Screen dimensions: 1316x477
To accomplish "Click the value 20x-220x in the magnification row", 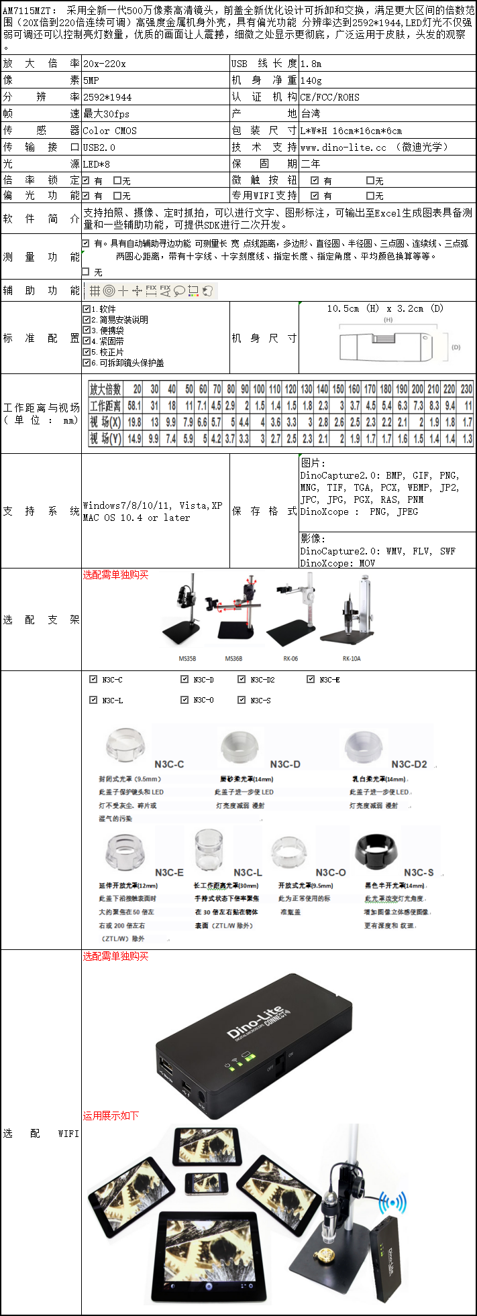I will point(104,64).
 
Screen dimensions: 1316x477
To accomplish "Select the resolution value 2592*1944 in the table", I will point(107,97).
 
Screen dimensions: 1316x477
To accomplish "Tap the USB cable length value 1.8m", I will point(311,64).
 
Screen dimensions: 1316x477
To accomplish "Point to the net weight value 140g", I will point(311,80).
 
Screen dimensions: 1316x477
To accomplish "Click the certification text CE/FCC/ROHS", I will point(329,97).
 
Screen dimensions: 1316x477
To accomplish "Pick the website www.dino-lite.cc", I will point(343,147).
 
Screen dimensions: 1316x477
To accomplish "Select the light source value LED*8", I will point(97,164).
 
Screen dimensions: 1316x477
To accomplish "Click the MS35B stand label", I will point(187,659).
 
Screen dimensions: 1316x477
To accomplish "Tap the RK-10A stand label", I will point(352,659).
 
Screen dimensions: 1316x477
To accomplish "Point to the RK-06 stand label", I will point(290,659).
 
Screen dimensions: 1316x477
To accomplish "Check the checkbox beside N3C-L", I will point(93,700).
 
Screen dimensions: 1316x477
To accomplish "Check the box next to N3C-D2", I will point(242,679).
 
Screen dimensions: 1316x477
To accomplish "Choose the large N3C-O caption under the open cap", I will point(331,872).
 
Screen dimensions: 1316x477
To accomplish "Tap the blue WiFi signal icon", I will point(392,1203).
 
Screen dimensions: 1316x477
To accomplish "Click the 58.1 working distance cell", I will point(134,406).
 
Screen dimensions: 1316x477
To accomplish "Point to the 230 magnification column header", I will point(466,389).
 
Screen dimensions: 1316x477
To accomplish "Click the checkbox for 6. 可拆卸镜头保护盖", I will point(87,363).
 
